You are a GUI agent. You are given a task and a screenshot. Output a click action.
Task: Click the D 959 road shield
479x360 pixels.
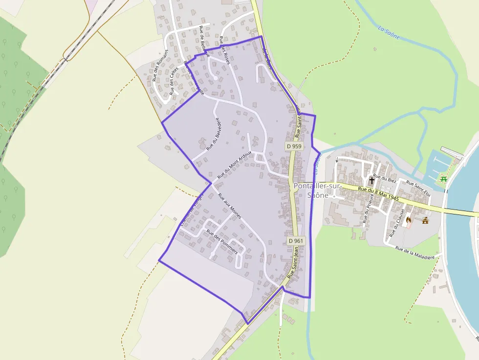click(x=294, y=146)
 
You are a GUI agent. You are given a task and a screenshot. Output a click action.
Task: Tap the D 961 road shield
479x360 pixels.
click(x=296, y=241)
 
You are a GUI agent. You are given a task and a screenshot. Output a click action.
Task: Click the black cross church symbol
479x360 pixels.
click(x=372, y=180)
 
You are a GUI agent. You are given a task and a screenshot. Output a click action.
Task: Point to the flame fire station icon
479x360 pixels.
click(x=409, y=220)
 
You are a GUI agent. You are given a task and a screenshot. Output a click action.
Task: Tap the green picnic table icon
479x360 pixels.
click(x=444, y=179)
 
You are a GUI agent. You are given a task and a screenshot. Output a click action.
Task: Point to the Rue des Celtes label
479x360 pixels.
click(x=173, y=81)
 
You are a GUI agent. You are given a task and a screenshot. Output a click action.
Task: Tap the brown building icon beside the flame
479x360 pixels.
click(x=425, y=220)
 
